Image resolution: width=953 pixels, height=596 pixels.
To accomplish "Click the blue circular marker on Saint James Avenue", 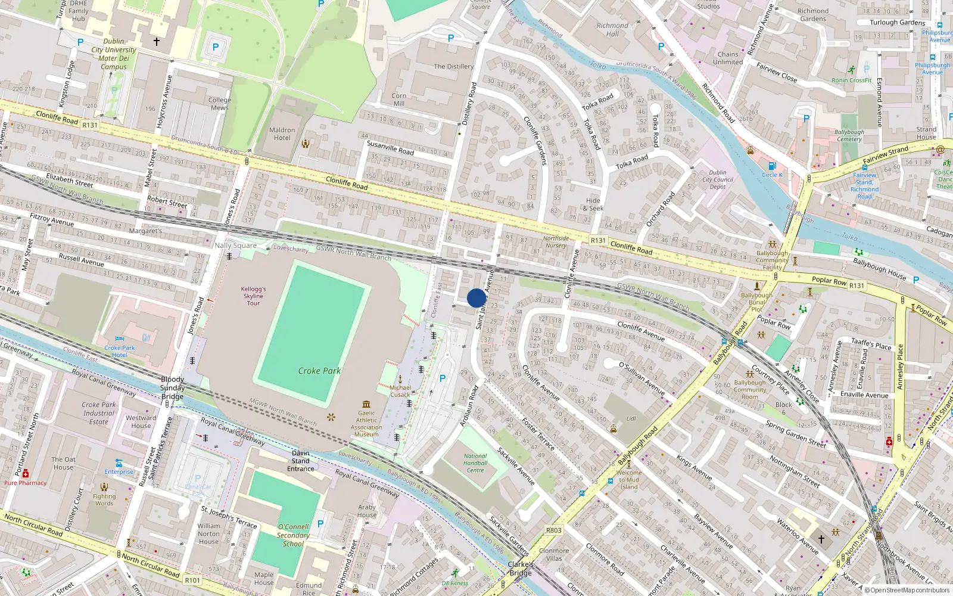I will pyautogui.click(x=476, y=298).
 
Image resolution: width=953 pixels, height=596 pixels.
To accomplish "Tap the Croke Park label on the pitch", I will pyautogui.click(x=319, y=371).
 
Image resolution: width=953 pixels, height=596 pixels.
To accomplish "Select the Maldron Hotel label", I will pyautogui.click(x=282, y=134).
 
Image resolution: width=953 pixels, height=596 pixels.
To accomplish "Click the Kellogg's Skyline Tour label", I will pyautogui.click(x=253, y=296).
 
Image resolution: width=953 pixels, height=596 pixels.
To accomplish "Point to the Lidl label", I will pyautogui.click(x=631, y=418).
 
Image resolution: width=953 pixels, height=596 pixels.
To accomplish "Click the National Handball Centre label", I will pyautogui.click(x=475, y=463).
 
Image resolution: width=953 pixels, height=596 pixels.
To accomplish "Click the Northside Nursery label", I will pyautogui.click(x=556, y=241).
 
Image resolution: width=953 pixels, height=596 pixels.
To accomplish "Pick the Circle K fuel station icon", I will pyautogui.click(x=772, y=166).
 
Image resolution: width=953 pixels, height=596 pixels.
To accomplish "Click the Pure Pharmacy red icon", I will pyautogui.click(x=26, y=474).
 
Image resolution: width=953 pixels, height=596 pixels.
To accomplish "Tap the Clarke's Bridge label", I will pyautogui.click(x=521, y=569).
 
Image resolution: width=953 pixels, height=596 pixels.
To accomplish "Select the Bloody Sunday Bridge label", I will pyautogui.click(x=172, y=387).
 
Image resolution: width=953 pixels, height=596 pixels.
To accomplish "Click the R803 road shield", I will pyautogui.click(x=553, y=530).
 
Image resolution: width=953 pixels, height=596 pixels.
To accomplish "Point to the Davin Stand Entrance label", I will pyautogui.click(x=300, y=461).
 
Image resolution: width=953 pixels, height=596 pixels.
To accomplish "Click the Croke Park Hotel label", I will pyautogui.click(x=120, y=351).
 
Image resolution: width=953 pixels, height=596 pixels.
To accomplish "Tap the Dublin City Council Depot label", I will pyautogui.click(x=718, y=179).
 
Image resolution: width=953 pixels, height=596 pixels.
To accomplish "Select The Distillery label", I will pyautogui.click(x=453, y=67).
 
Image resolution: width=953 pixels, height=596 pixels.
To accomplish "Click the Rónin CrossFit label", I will pyautogui.click(x=852, y=80).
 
